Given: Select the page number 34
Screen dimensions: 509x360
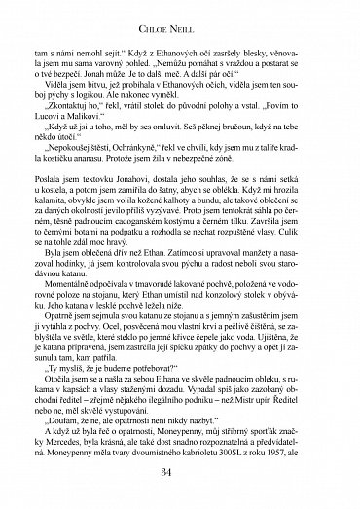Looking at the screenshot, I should pyautogui.click(x=179, y=473).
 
